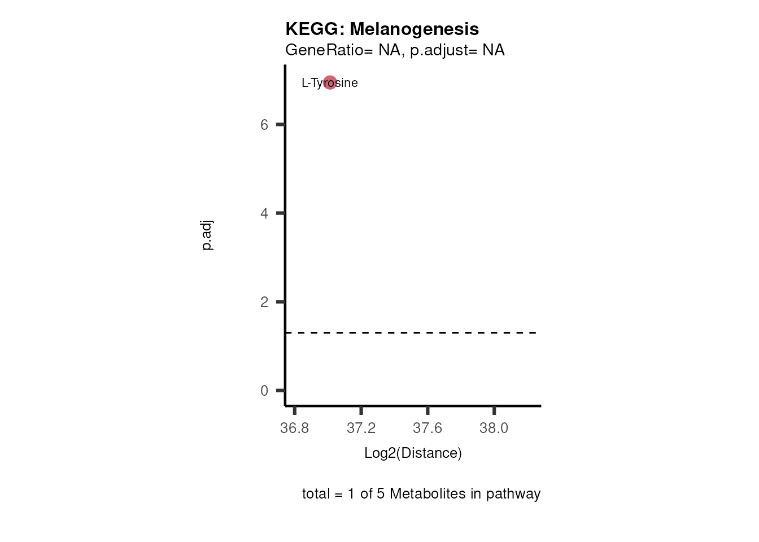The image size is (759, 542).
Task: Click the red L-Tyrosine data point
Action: (x=330, y=82)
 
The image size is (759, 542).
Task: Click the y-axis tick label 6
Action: (x=264, y=125)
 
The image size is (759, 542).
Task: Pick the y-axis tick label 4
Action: (x=264, y=213)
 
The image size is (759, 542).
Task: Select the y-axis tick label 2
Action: (x=264, y=302)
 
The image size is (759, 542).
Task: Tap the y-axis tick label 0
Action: (x=264, y=391)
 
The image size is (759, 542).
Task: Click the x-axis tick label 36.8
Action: (x=295, y=428)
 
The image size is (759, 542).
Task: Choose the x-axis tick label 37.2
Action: (x=361, y=428)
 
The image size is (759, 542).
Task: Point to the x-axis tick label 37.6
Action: (x=428, y=428)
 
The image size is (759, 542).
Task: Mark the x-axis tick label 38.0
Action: (x=494, y=428)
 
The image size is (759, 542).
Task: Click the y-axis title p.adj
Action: (x=207, y=236)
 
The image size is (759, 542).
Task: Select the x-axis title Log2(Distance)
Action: (x=413, y=453)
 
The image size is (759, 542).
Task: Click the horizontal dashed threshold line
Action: (x=412, y=333)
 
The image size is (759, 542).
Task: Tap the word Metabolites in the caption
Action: (x=424, y=493)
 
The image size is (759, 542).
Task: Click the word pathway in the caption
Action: (x=513, y=493)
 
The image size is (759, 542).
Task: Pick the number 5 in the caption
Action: (x=381, y=493)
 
